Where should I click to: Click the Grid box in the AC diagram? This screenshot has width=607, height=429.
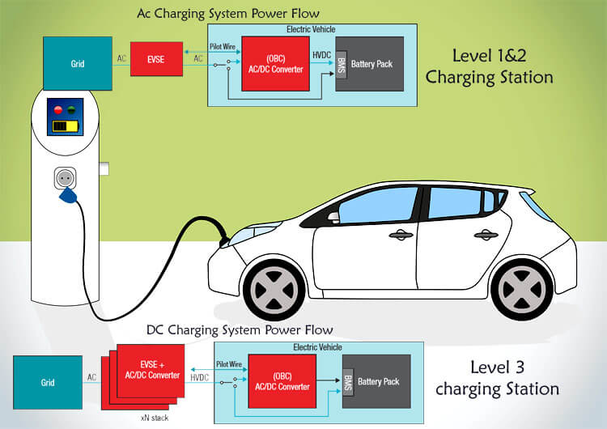coord(79,62)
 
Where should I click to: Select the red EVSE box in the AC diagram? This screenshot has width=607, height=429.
coord(157,60)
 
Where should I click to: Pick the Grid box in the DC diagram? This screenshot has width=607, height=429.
coord(49,380)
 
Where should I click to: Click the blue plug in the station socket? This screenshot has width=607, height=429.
coord(66,191)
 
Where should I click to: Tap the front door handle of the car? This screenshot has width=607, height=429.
coord(399,236)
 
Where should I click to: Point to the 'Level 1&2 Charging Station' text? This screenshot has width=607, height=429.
coord(489,66)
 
